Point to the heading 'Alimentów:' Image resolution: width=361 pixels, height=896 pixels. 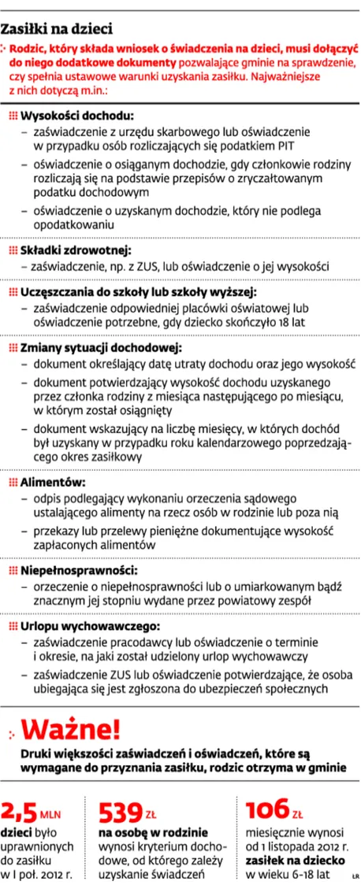pos(53,482)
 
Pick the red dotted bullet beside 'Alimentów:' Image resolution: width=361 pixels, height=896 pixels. pos(12,482)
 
